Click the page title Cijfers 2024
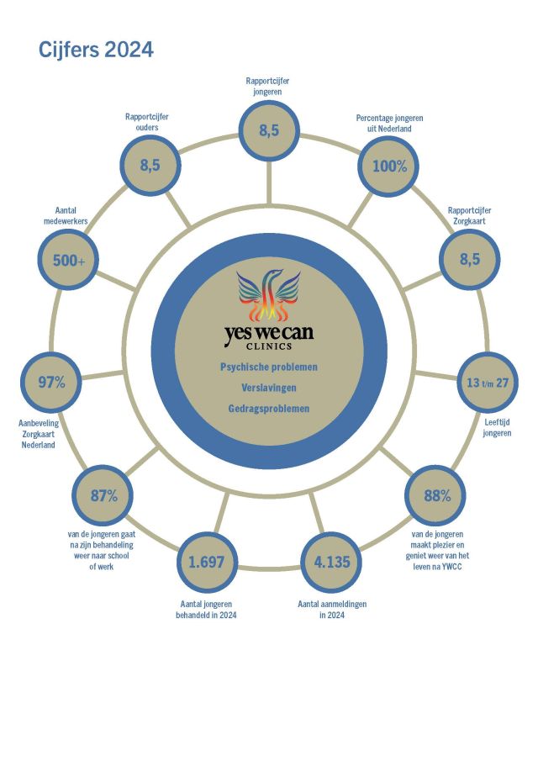click(96, 50)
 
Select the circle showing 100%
click(388, 166)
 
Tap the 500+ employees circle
click(68, 260)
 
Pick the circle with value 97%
click(51, 383)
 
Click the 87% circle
click(103, 495)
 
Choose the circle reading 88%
click(435, 495)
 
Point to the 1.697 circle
click(207, 562)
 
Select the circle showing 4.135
click(332, 562)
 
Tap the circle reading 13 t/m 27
click(488, 383)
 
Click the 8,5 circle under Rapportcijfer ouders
click(150, 165)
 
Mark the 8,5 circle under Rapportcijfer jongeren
click(269, 130)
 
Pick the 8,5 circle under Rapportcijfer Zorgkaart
click(470, 259)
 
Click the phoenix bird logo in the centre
click(269, 296)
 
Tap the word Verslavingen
click(269, 388)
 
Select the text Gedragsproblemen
click(269, 409)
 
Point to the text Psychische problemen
click(269, 367)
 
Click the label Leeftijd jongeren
click(497, 427)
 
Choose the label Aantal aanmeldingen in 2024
click(332, 610)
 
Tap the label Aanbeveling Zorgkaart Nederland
click(39, 434)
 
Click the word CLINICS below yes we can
click(269, 346)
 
